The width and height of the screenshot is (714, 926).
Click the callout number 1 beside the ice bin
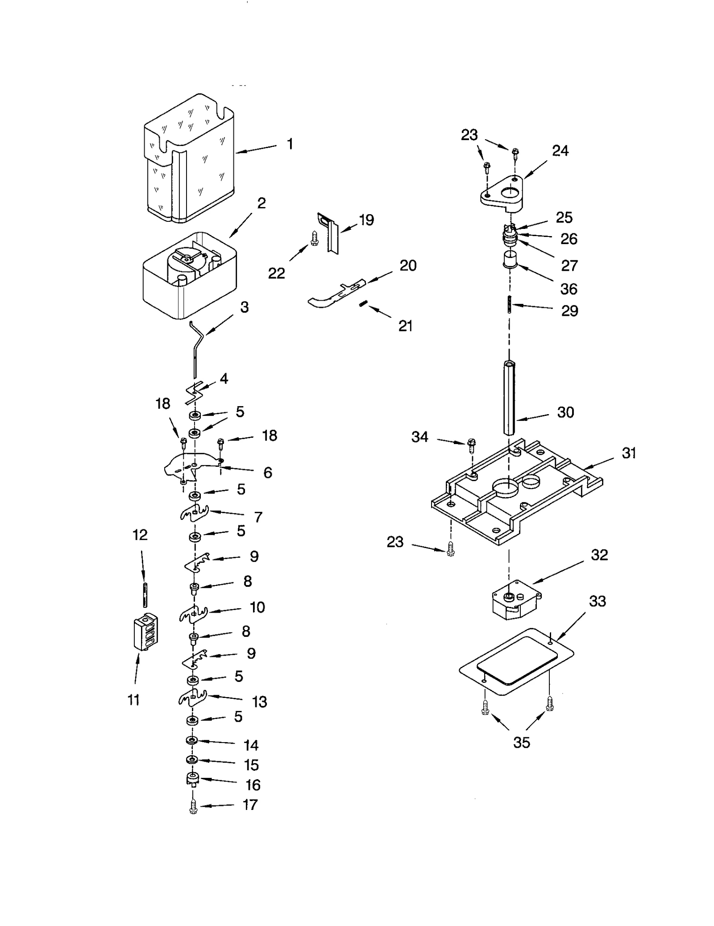click(x=290, y=144)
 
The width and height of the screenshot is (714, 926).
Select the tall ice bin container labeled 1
click(x=190, y=161)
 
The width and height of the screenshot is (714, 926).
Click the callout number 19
click(x=366, y=220)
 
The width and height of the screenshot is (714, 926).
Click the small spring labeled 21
click(x=363, y=304)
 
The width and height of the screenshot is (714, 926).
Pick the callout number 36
click(x=569, y=289)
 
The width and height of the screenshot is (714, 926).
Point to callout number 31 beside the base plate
click(x=628, y=453)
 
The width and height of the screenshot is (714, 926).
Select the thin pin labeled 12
click(x=145, y=594)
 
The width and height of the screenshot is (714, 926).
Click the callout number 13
click(x=259, y=702)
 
